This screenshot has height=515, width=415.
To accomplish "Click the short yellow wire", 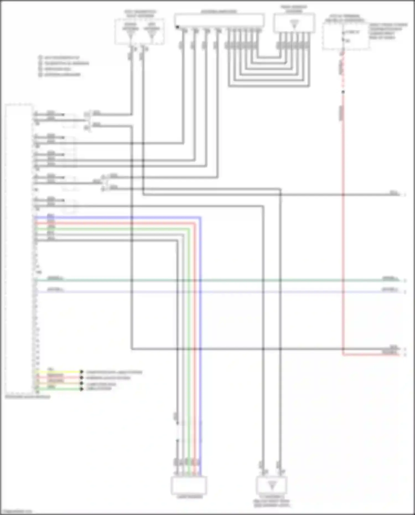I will click(x=58, y=372).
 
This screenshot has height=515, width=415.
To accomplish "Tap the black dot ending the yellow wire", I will click(x=82, y=372).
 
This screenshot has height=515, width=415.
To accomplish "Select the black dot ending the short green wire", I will click(x=82, y=389).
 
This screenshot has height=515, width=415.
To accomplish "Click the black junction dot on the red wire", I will click(x=343, y=92).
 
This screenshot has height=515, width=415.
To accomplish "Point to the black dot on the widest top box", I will click(x=177, y=27).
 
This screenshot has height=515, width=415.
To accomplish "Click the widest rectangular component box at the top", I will click(x=219, y=20).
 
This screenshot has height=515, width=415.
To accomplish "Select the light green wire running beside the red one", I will click(x=189, y=332).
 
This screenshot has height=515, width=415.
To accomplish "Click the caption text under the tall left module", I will click(x=28, y=397).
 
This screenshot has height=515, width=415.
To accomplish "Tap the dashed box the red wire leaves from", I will click(x=346, y=36).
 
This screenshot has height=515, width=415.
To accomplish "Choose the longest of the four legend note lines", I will click(x=67, y=63).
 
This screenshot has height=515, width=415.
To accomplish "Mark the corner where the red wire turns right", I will click(x=343, y=354).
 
